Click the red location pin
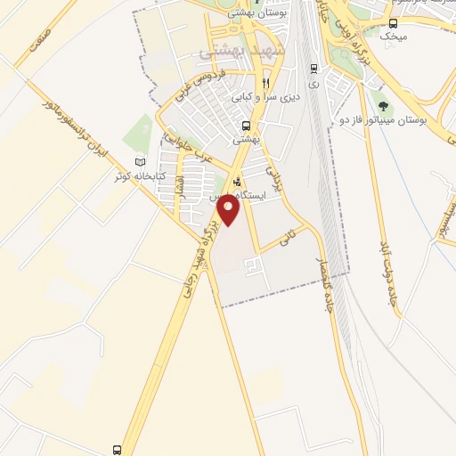coord(230,210)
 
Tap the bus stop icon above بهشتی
coord(245,126)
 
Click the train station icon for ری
coord(313,69)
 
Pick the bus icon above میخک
coord(394,23)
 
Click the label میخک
coord(392,37)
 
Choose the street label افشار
coord(180,186)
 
